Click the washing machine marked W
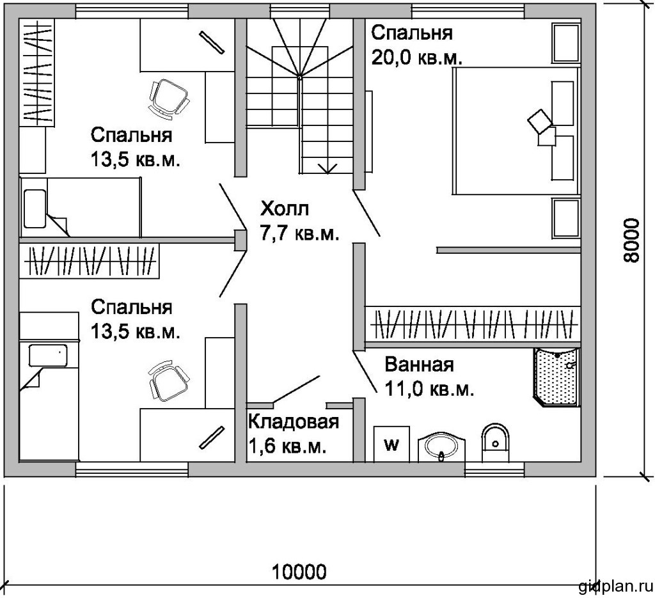click(x=391, y=443)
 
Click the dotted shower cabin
click(x=556, y=377)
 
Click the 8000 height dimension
click(x=632, y=240)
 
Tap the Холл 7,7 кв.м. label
click(x=299, y=221)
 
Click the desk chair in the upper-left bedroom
click(x=168, y=98)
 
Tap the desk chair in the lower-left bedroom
click(x=168, y=381)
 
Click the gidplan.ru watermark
click(x=615, y=586)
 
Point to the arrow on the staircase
click(x=327, y=168)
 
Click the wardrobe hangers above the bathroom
click(x=474, y=323)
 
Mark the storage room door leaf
click(x=296, y=389)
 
